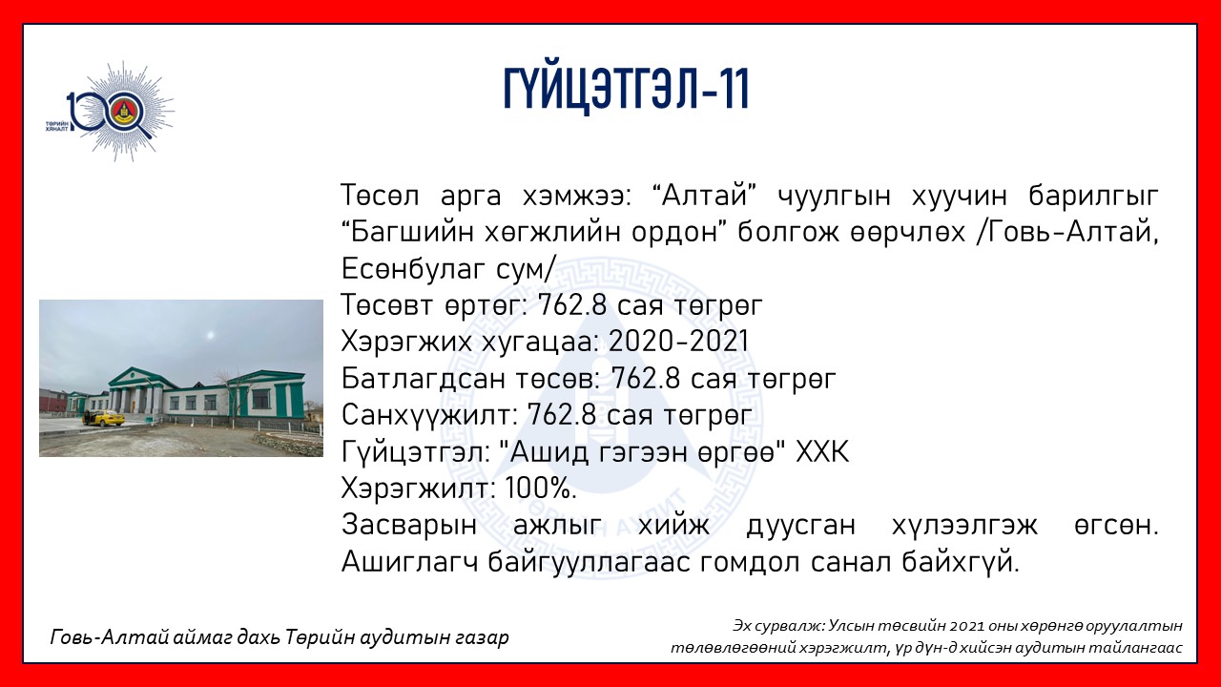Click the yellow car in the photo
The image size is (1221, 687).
[x=104, y=418]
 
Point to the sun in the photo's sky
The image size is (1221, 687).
[x=212, y=334]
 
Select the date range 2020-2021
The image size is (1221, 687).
[x=678, y=342]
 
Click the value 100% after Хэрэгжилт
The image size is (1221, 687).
[x=541, y=489]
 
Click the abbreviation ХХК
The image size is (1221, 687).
[x=822, y=452]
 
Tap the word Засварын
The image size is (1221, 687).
[x=409, y=526]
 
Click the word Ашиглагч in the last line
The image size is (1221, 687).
[x=409, y=562]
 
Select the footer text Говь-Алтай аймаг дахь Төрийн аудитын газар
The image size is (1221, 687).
[x=279, y=636]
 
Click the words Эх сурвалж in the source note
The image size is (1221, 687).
[x=777, y=626]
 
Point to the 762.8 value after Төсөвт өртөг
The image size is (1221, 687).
[x=572, y=305]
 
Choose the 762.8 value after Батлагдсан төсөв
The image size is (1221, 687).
[x=646, y=379]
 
